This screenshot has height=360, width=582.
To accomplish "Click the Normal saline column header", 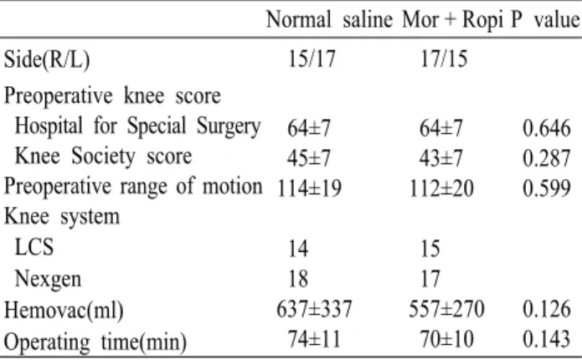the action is coord(329,19).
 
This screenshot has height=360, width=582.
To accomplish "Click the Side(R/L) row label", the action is coord(47,59).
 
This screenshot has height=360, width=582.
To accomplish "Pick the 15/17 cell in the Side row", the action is coord(312,59).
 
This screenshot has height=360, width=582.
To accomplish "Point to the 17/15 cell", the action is coord(444,59).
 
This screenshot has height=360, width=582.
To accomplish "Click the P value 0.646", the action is coord(546,128).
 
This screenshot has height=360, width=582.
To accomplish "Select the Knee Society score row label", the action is coord(104,157).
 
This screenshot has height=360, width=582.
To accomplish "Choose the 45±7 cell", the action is coord(308,158).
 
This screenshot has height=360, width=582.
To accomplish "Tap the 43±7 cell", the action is coord(441,158).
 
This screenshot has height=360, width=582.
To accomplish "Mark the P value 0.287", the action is coord(546,158).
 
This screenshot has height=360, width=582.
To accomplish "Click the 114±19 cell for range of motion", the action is coord(309,188).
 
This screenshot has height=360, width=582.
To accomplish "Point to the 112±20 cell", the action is coord(441,188).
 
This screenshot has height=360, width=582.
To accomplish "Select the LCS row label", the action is coord(34,247).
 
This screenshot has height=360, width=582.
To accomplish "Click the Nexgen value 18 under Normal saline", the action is coord(298,278).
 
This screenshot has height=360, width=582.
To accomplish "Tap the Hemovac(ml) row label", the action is coord(64,310).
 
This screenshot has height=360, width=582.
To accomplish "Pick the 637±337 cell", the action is coord(314,309).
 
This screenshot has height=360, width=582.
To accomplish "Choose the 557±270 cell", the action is coord(446,309).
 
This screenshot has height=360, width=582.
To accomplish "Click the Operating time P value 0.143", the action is coord(546,339).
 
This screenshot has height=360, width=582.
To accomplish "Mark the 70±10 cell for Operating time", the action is coord(446,339).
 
